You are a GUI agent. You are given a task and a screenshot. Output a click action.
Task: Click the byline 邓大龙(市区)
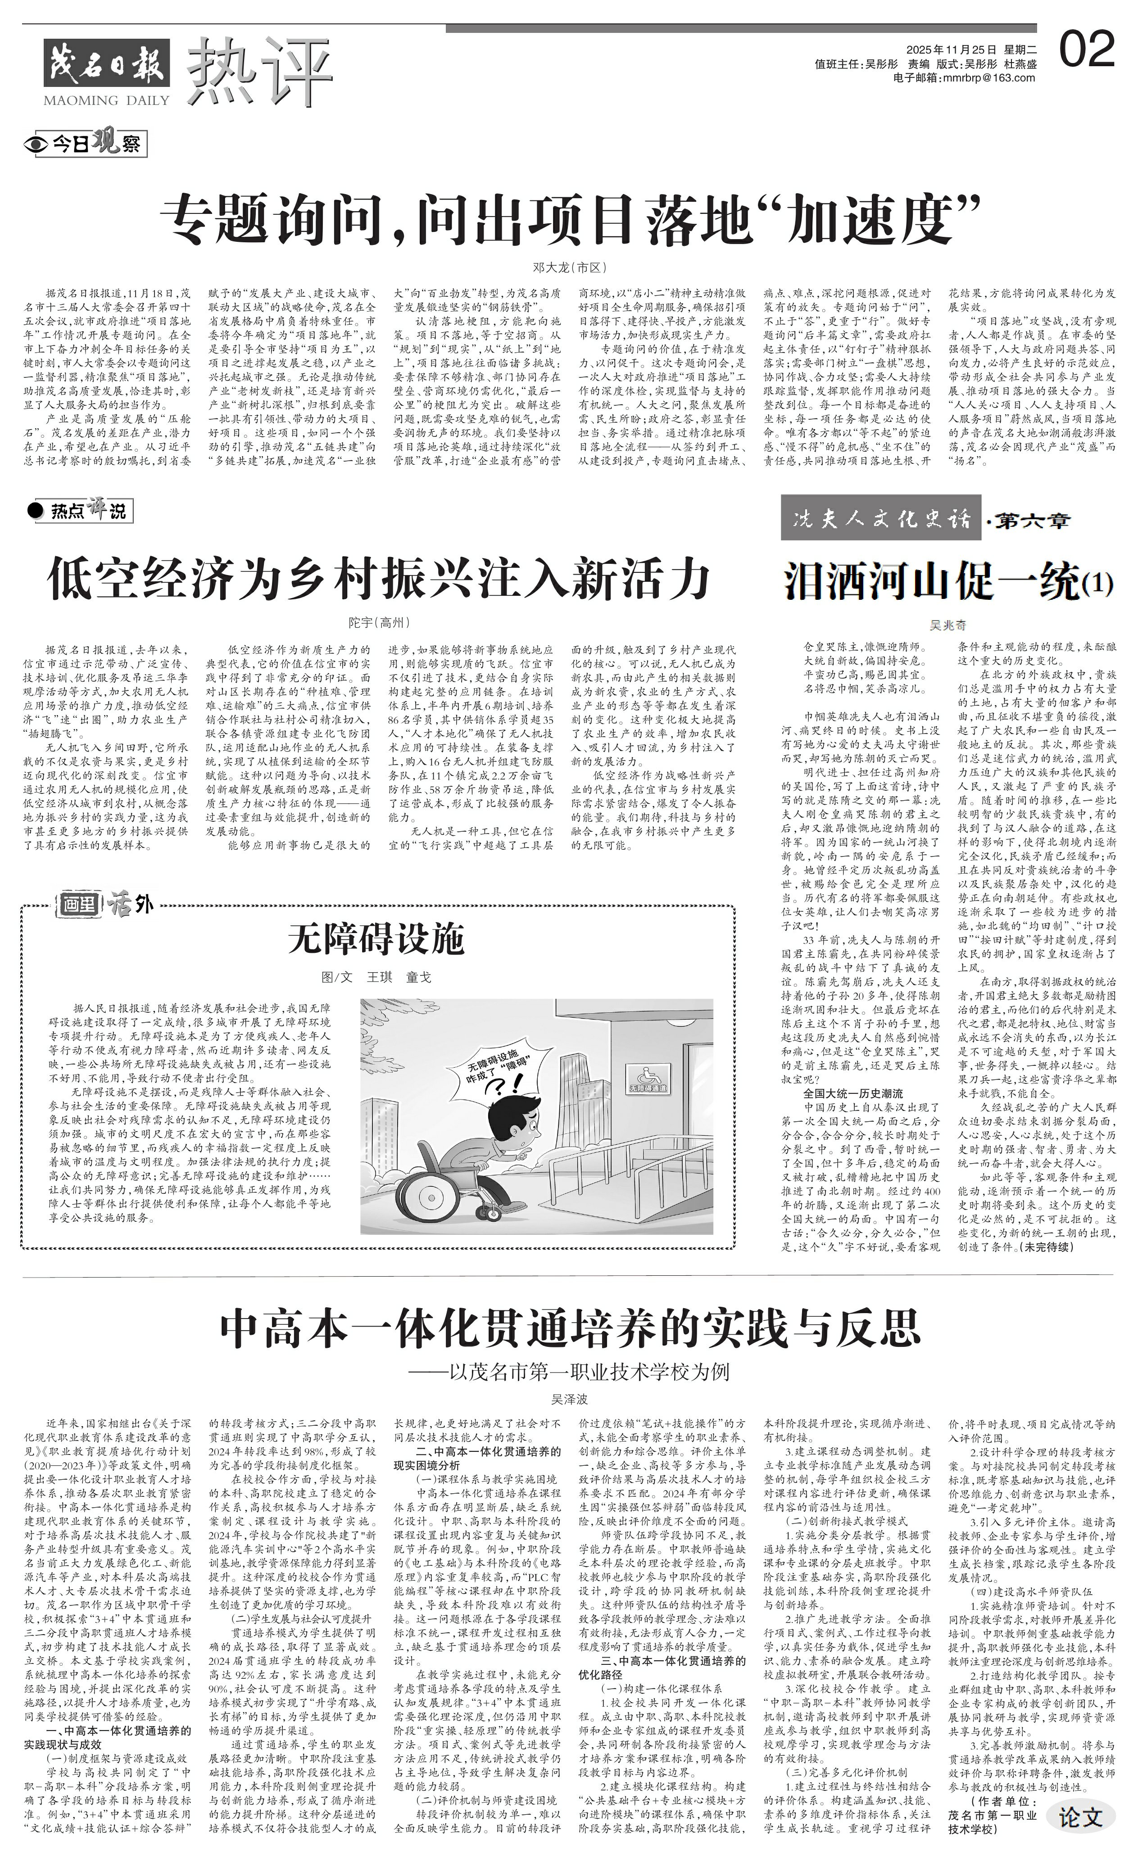pyautogui.click(x=569, y=267)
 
